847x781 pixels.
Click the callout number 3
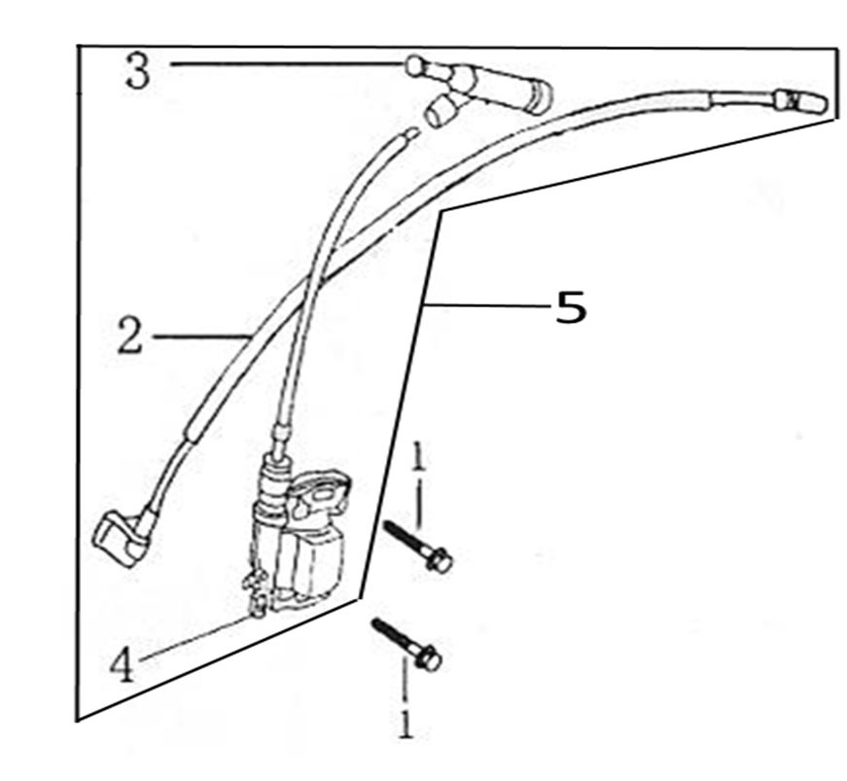pos(137,72)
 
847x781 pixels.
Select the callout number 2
pos(130,337)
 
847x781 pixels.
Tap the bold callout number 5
pos(571,307)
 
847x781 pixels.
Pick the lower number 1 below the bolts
pos(406,725)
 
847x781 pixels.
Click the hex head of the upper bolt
pos(440,559)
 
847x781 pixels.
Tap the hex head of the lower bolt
pos(429,658)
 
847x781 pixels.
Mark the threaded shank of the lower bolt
pos(393,637)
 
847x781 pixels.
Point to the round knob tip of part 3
pos(413,66)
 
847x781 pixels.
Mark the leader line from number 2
pos(199,337)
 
